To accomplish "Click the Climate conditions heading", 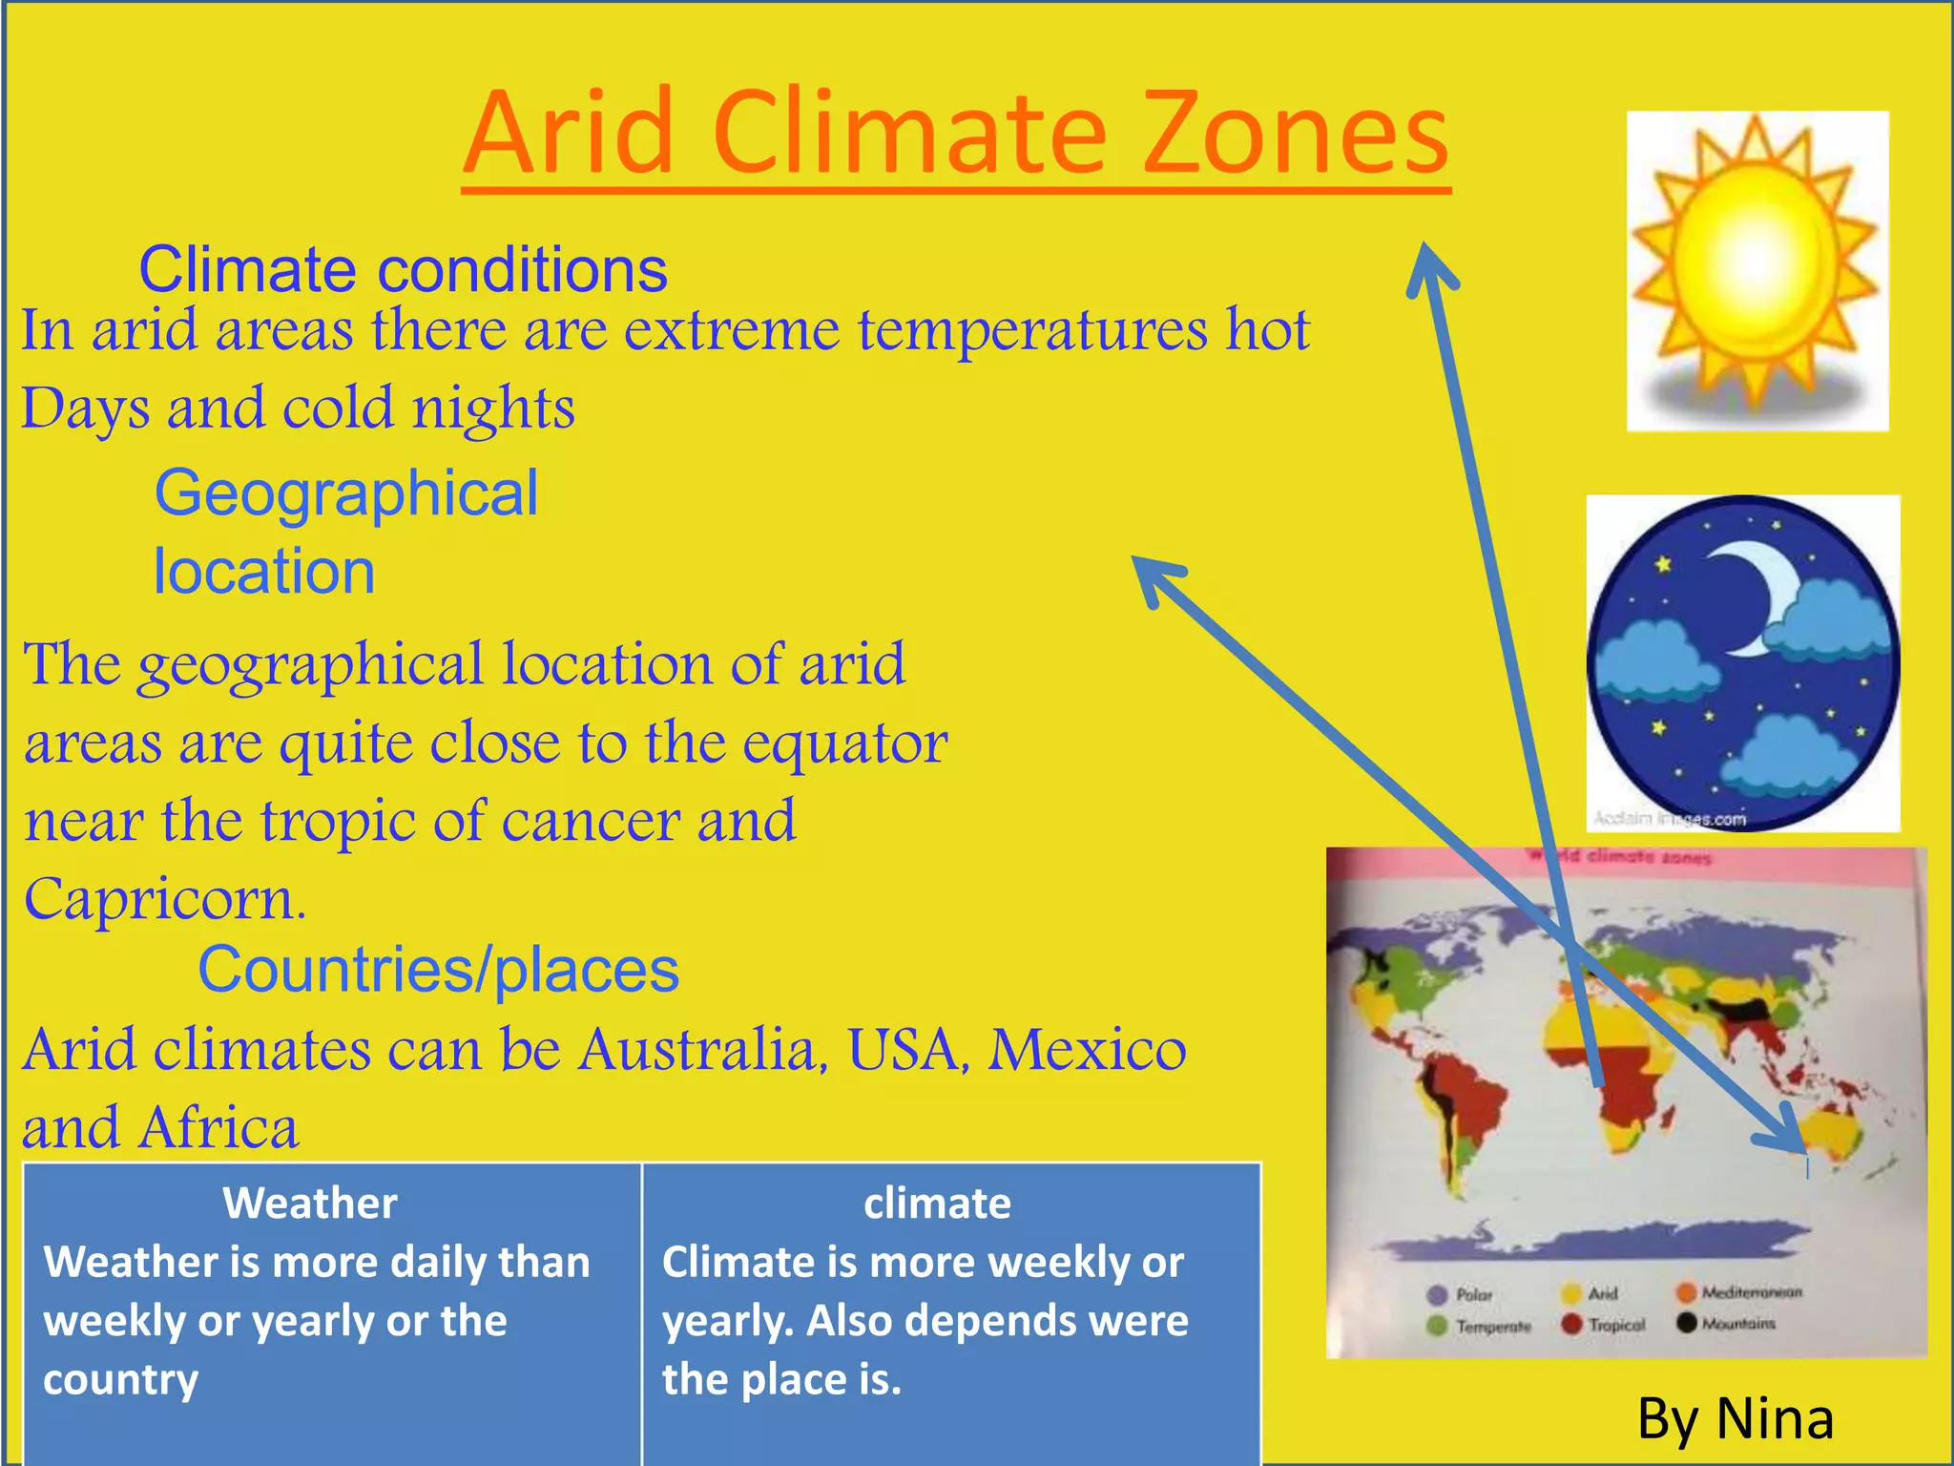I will [403, 270].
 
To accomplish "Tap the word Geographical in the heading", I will [346, 493].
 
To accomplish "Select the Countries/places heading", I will [438, 970].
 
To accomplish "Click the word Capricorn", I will [164, 899].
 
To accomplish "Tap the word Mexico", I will [1087, 1051].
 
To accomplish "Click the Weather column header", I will [310, 1204].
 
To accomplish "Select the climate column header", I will [937, 1204].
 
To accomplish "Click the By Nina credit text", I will [1736, 1418].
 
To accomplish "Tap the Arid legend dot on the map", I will [1571, 1294].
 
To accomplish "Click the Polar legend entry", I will [1460, 1295].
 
